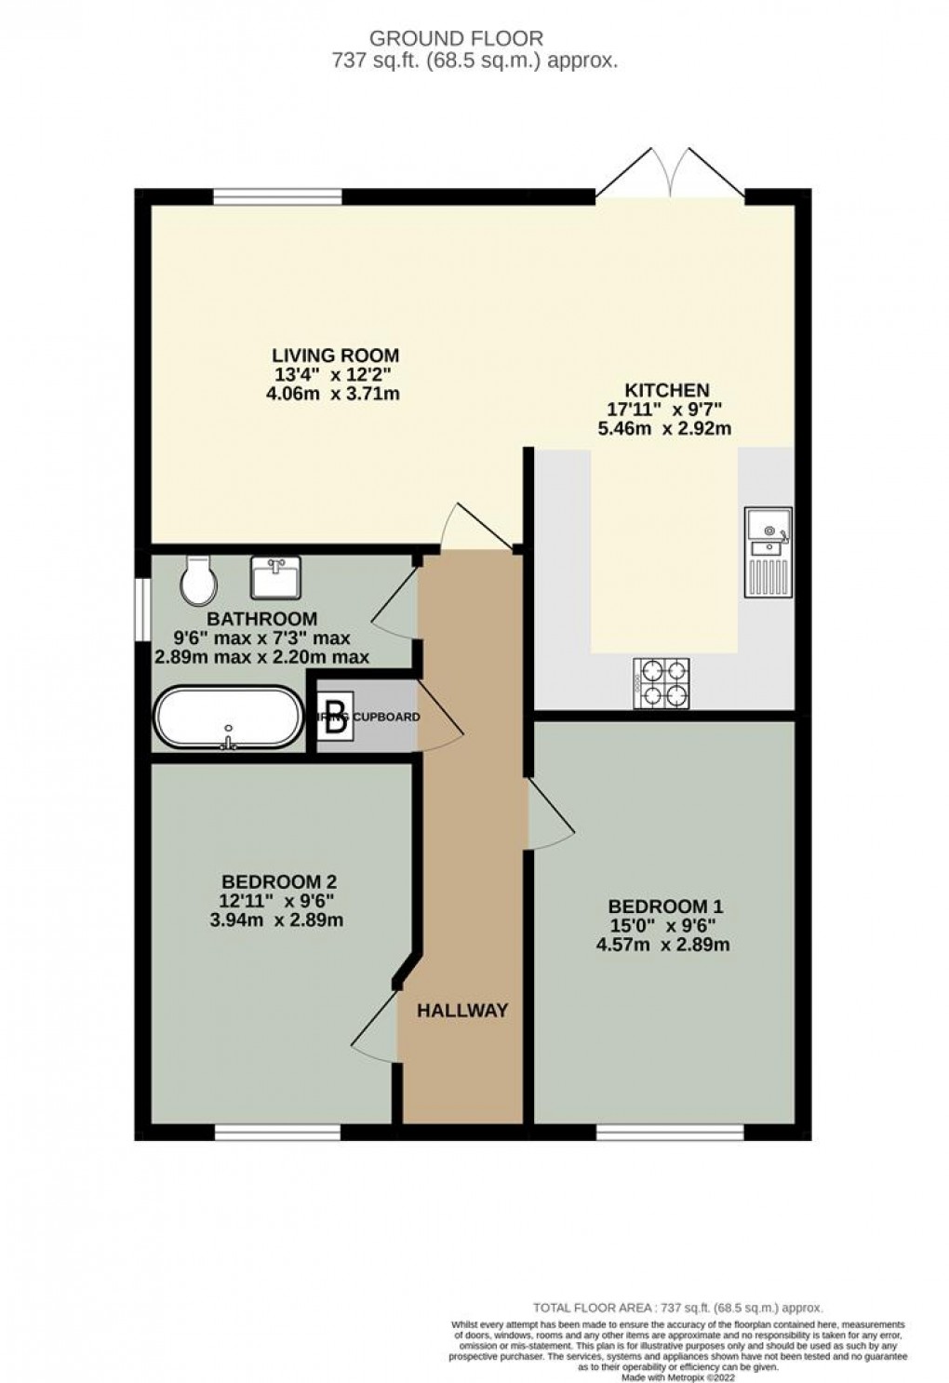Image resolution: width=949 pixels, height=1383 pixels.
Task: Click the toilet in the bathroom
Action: click(199, 581)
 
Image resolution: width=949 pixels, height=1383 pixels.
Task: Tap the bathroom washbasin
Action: click(275, 577)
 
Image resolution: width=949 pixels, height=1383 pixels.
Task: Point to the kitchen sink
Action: click(768, 552)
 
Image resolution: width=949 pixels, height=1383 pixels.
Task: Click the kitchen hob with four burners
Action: click(662, 684)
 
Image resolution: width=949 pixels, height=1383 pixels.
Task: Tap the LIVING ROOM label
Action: click(335, 355)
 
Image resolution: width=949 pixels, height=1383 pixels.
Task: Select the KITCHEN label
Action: click(666, 390)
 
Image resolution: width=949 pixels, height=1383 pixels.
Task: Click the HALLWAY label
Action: click(462, 1010)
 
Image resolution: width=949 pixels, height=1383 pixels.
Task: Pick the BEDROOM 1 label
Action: click(665, 906)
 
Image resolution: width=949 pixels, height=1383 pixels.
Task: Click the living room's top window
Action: click(277, 196)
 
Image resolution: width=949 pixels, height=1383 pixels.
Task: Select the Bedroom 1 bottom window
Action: click(670, 1132)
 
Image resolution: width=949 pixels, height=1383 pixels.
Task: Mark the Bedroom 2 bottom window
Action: click(277, 1132)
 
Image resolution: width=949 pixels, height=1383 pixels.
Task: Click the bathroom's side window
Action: click(142, 610)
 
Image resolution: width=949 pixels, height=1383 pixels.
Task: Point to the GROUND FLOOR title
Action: click(456, 38)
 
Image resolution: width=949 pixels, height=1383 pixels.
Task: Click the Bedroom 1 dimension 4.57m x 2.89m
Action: click(662, 946)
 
